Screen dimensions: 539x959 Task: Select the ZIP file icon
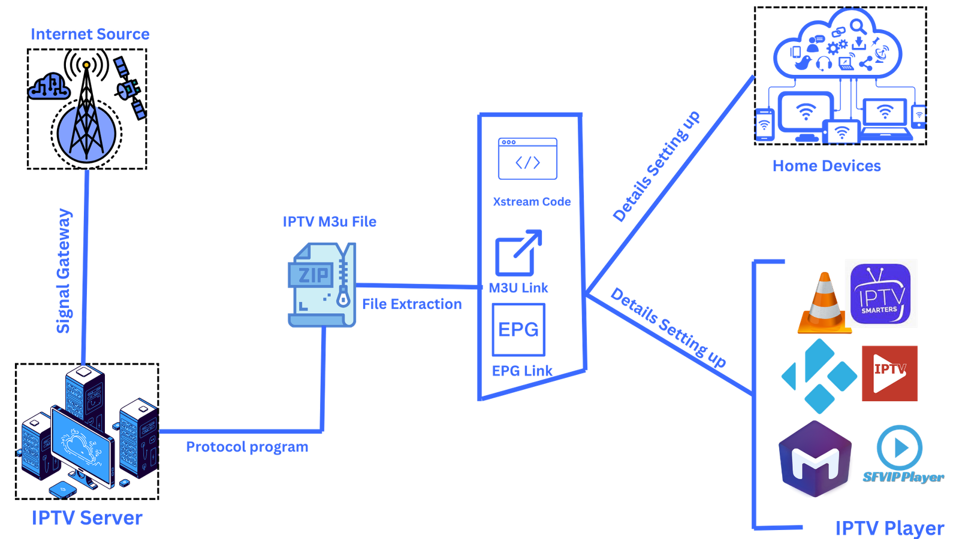(x=322, y=285)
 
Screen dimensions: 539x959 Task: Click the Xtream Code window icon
(x=527, y=159)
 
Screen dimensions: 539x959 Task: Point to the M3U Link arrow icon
(x=518, y=252)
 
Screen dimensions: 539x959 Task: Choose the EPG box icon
(x=518, y=329)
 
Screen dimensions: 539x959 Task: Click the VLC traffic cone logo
(x=823, y=303)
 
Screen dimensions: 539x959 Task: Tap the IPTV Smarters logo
(x=880, y=293)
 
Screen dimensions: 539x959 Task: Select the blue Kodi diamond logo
(x=819, y=376)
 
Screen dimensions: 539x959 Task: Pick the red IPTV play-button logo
(x=889, y=373)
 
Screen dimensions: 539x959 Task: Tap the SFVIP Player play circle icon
(x=899, y=447)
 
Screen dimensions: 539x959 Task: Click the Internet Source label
(x=90, y=34)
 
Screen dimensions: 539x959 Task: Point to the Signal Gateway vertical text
(x=64, y=271)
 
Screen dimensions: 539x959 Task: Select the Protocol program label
(x=247, y=447)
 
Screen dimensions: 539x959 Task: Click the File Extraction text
(x=412, y=304)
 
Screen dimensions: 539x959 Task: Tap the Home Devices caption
(x=827, y=166)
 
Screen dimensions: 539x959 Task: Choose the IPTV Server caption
(x=88, y=517)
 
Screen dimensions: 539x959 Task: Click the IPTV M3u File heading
(x=330, y=222)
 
